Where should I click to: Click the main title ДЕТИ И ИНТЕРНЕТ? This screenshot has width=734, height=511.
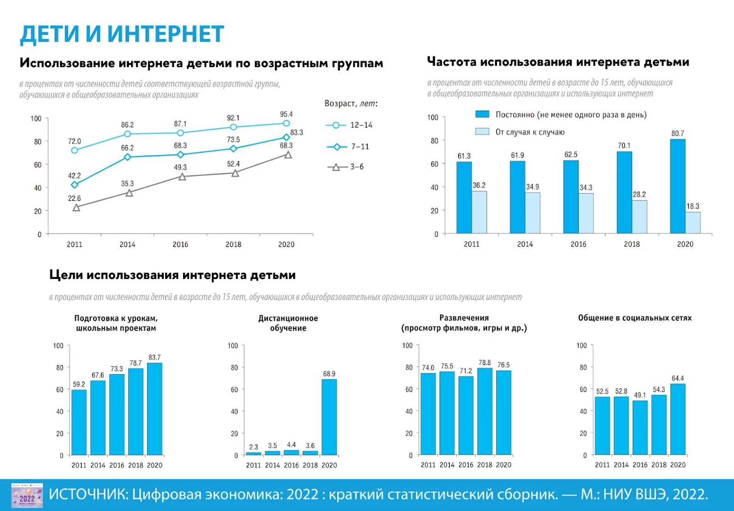click(x=122, y=34)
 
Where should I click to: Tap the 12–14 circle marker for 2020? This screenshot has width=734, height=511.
click(x=286, y=123)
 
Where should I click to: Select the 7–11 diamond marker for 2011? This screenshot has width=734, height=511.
click(x=75, y=185)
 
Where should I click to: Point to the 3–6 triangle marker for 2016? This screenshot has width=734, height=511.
click(x=182, y=177)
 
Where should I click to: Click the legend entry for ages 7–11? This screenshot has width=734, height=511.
click(x=349, y=147)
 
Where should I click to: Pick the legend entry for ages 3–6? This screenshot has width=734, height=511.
click(x=346, y=167)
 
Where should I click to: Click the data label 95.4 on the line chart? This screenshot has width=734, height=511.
click(x=286, y=114)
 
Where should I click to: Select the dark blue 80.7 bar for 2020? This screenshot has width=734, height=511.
click(x=678, y=186)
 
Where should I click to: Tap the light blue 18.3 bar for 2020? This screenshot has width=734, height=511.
click(x=693, y=222)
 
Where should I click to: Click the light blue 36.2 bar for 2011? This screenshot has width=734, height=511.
click(x=479, y=212)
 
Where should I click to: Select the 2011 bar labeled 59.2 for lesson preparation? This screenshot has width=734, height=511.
click(x=79, y=422)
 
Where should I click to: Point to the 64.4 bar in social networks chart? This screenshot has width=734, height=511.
click(x=678, y=419)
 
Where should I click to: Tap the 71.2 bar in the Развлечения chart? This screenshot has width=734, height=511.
click(x=466, y=415)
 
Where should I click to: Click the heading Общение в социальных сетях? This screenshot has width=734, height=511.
click(x=634, y=318)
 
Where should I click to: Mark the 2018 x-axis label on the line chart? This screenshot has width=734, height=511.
click(x=233, y=244)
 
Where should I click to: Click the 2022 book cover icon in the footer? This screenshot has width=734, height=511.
click(x=27, y=495)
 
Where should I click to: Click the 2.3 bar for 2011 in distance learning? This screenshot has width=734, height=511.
click(x=253, y=453)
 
